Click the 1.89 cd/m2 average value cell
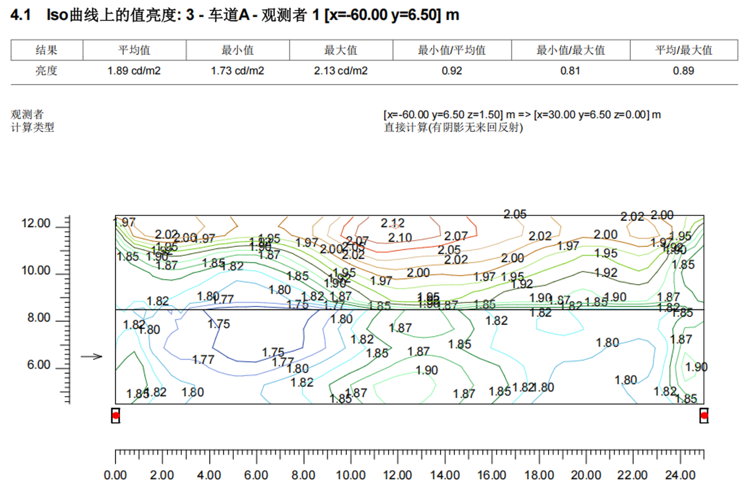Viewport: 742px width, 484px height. (134, 71)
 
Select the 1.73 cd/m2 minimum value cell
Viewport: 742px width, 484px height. (237, 71)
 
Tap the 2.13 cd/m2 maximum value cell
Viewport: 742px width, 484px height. (341, 71)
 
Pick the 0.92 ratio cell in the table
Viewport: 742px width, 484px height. (452, 71)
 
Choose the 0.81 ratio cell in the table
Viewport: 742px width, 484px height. (570, 71)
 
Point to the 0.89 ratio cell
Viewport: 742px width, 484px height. (684, 71)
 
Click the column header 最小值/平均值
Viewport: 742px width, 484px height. (452, 51)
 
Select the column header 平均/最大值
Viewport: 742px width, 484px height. (684, 51)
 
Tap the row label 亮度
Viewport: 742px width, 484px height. (46, 71)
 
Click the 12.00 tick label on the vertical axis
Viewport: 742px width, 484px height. (36, 223)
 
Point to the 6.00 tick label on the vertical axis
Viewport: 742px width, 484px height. (39, 365)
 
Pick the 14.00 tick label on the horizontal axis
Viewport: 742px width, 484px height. (445, 475)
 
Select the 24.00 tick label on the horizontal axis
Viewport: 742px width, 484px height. (680, 475)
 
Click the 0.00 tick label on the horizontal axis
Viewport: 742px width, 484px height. (115, 475)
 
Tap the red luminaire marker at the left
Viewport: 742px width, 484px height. (115, 415)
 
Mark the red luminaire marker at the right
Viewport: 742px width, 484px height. (704, 415)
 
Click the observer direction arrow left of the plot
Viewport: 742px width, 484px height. (91, 356)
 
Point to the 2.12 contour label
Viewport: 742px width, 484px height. (392, 223)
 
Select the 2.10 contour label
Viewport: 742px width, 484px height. (400, 238)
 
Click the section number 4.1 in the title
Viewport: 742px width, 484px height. (21, 15)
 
